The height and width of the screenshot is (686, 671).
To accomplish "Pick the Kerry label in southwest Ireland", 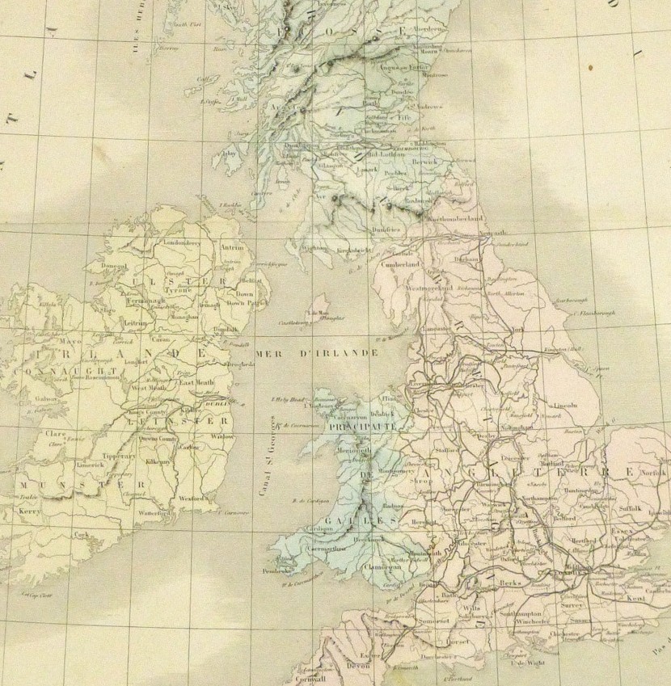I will pyautogui.click(x=30, y=512).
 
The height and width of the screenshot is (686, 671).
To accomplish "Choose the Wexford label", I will pyautogui.click(x=192, y=499).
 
